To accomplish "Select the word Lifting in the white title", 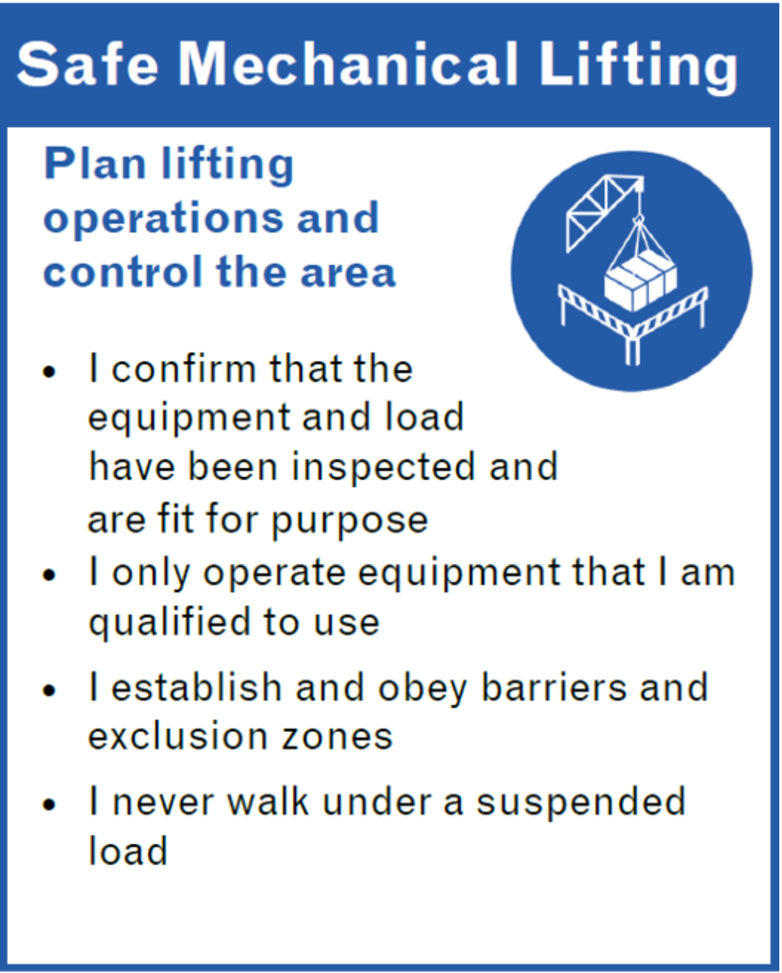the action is [638, 68].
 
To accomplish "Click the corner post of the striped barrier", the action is [632, 347].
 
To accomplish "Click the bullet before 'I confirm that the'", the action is [49, 372].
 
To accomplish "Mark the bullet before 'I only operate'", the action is [49, 575].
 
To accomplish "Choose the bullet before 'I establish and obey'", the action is [49, 691].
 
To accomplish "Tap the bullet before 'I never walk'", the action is [49, 805].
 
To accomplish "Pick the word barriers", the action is [555, 688].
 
